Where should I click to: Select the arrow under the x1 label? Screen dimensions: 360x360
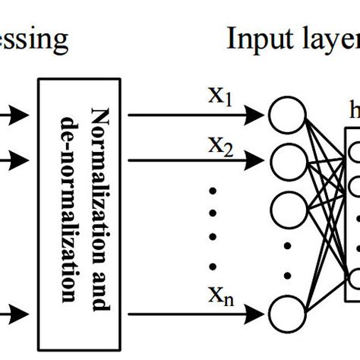[197, 115]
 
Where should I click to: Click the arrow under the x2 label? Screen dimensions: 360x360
[197, 159]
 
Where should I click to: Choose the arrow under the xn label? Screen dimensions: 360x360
[197, 311]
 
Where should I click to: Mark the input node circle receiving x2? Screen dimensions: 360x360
[287, 159]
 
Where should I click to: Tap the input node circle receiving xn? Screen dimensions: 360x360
[287, 311]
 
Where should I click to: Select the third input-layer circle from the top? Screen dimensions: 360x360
[287, 204]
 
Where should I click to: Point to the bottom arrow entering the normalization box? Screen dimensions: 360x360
[15, 311]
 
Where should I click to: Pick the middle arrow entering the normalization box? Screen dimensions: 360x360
[15, 159]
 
